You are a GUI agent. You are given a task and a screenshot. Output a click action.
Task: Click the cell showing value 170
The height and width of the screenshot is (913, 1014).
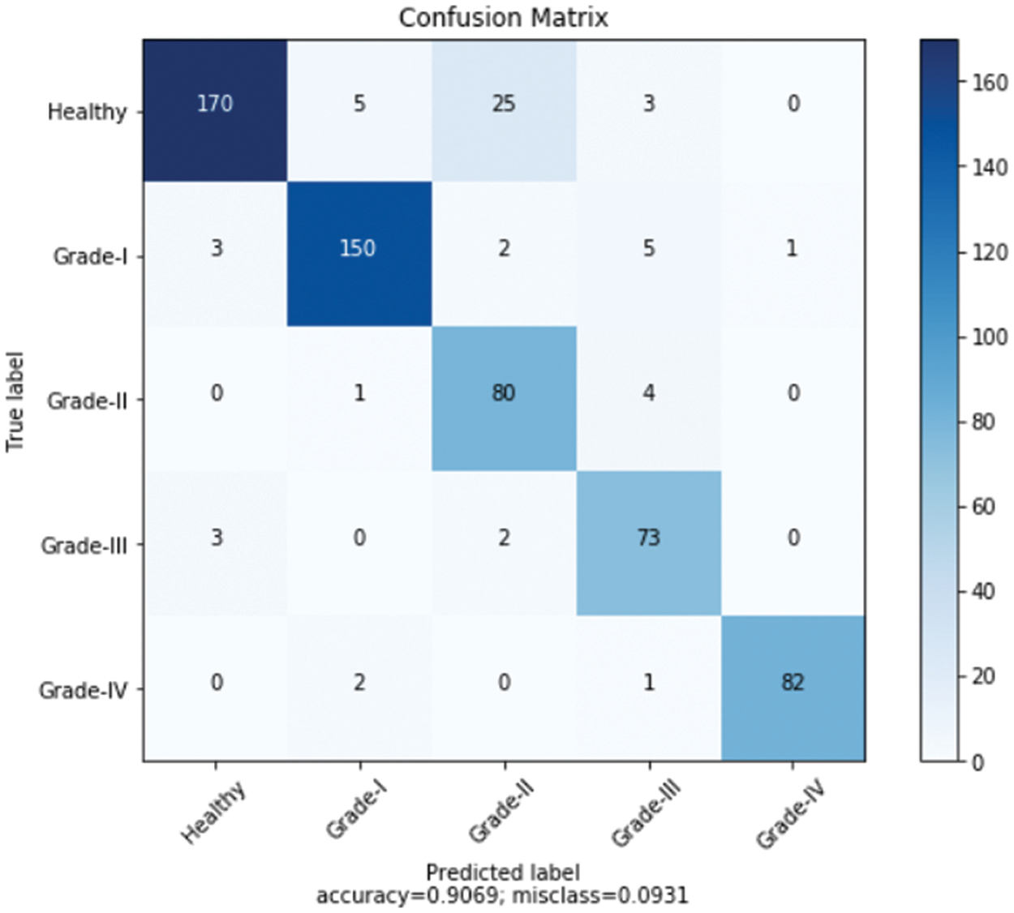click(x=215, y=104)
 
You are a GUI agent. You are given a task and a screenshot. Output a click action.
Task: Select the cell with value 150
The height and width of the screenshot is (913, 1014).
click(x=359, y=248)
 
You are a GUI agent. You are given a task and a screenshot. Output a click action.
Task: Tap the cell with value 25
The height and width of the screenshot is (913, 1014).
click(x=504, y=104)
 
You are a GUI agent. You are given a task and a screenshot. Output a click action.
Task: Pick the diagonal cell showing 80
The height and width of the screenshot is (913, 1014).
click(x=504, y=393)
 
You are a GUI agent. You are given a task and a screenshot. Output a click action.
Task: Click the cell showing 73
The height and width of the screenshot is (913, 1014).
click(x=648, y=538)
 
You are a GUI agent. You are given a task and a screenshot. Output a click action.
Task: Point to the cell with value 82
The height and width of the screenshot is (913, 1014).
click(x=793, y=683)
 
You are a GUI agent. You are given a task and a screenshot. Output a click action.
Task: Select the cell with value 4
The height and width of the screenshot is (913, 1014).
click(x=648, y=393)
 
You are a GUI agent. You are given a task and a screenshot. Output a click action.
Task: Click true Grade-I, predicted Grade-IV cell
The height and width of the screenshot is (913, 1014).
click(x=793, y=248)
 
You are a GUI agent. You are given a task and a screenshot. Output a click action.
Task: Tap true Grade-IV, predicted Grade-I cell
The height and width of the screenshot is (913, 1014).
click(x=359, y=683)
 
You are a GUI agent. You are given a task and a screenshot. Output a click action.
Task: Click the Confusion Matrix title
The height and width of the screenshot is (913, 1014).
click(x=503, y=17)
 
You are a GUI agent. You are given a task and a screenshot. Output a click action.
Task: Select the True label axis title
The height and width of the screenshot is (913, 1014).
click(x=15, y=401)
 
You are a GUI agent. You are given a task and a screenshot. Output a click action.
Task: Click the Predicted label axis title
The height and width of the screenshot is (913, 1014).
click(x=502, y=872)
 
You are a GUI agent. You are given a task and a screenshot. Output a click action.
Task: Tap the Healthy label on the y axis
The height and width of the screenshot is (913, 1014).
click(x=87, y=111)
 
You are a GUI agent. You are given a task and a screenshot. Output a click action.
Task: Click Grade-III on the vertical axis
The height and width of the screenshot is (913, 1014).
click(x=84, y=546)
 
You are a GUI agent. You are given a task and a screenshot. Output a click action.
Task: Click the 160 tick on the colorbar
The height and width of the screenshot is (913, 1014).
click(x=989, y=83)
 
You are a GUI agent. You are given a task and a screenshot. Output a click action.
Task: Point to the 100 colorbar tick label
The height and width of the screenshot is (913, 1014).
click(x=989, y=337)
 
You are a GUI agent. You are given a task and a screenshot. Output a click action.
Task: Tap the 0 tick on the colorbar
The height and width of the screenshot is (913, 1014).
click(x=977, y=762)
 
